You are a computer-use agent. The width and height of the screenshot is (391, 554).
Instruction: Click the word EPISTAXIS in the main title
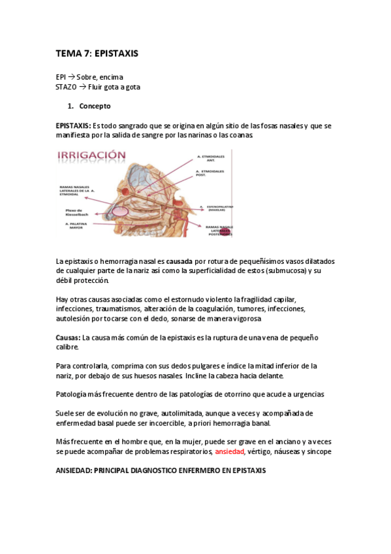[116, 53]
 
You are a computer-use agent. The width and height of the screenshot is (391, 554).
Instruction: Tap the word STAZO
[66, 87]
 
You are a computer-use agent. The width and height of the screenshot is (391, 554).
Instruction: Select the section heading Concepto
[95, 106]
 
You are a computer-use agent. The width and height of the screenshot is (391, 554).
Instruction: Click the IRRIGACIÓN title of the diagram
[91, 155]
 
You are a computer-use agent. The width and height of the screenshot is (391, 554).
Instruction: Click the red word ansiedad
[229, 451]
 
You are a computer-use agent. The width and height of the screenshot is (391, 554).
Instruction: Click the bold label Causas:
[68, 338]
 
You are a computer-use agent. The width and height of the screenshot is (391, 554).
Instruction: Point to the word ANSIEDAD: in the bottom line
[74, 470]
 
